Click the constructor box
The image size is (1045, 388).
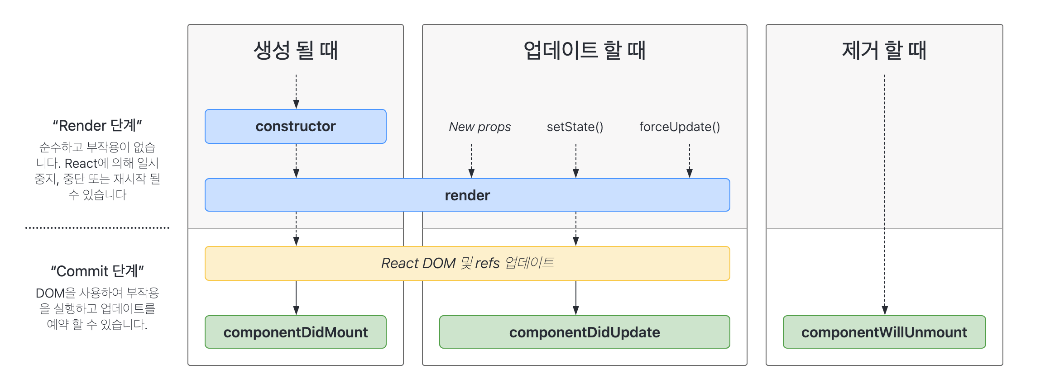click(x=296, y=126)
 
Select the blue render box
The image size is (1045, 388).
click(x=467, y=195)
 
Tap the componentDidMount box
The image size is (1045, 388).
click(x=296, y=332)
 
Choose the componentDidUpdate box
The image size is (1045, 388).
click(x=585, y=332)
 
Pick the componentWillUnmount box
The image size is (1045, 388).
click(x=884, y=332)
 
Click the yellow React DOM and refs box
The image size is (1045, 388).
click(x=467, y=263)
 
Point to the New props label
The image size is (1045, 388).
click(x=480, y=127)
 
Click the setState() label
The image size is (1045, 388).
click(x=575, y=127)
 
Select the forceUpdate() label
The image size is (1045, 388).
click(x=680, y=127)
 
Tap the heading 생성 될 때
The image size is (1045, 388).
click(x=296, y=50)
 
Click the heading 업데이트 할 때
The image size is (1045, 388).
click(x=585, y=50)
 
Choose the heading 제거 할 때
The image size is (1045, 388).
click(x=884, y=50)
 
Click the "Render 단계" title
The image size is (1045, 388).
click(x=97, y=125)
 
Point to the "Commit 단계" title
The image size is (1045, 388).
click(x=97, y=271)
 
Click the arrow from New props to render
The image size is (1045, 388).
click(x=471, y=161)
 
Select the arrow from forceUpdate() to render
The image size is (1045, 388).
click(x=690, y=161)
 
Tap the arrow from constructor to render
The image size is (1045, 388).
click(x=296, y=161)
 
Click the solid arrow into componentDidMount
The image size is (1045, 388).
click(x=296, y=298)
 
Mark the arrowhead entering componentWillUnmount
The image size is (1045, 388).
click(x=885, y=310)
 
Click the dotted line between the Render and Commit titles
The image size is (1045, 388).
click(x=97, y=228)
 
